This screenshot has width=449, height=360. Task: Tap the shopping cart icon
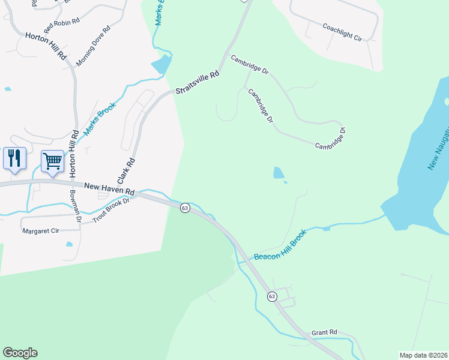(52, 161)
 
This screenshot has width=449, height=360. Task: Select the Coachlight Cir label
(342, 32)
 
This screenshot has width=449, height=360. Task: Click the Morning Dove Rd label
(93, 46)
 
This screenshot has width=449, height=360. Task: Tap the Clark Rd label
(127, 170)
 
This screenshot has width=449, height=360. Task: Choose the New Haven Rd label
(109, 189)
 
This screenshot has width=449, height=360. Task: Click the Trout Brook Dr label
(112, 211)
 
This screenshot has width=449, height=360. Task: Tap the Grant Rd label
(324, 332)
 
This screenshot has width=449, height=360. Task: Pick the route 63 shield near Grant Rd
(272, 296)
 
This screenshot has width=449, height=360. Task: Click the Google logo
(20, 353)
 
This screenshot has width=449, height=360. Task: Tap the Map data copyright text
(423, 355)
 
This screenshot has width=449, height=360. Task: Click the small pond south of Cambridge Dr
(279, 173)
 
